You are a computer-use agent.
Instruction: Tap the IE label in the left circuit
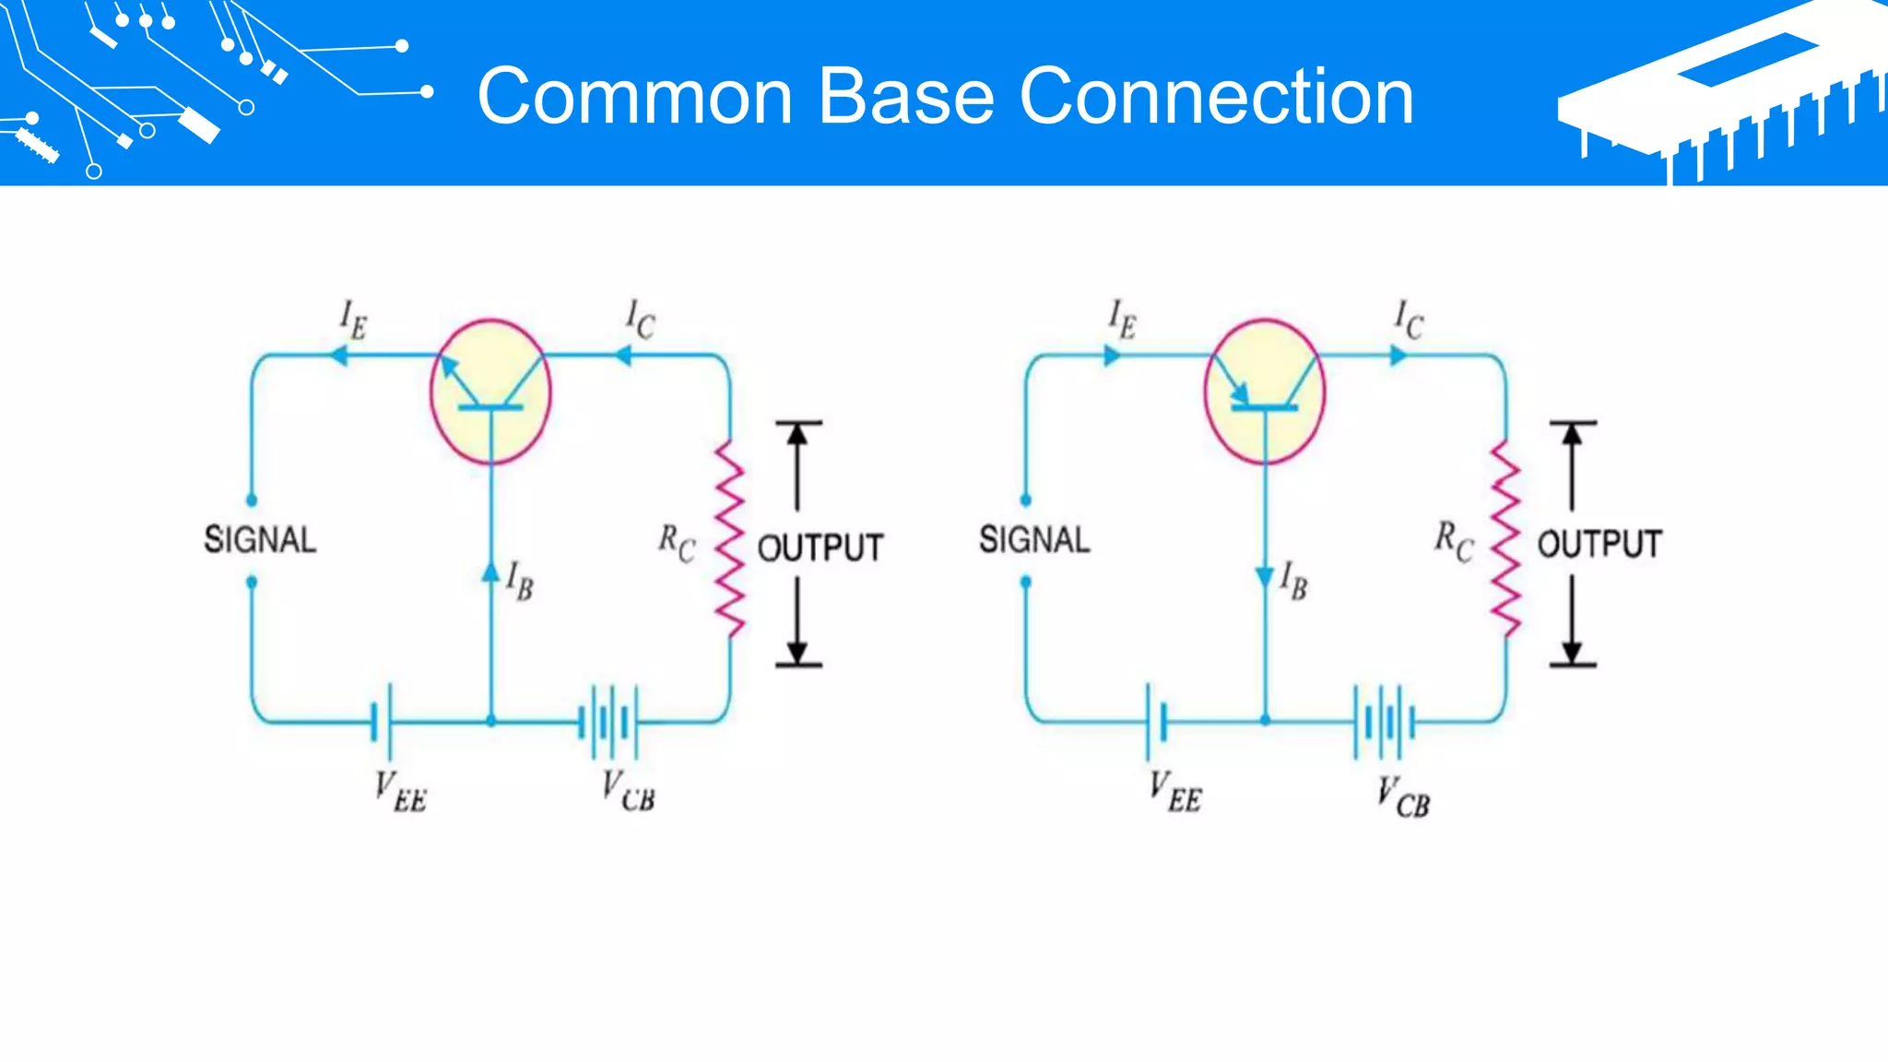pos(353,319)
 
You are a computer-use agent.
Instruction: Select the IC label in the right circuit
pos(1409,319)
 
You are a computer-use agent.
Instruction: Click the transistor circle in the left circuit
pos(490,391)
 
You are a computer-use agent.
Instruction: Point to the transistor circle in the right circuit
pos(1265,391)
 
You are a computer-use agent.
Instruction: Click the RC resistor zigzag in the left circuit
pos(730,538)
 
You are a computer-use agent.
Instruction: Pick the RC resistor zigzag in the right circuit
pos(1505,538)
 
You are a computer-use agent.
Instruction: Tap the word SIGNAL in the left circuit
pos(260,539)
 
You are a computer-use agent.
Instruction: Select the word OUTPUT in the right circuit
pos(1599,544)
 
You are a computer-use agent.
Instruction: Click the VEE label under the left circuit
pos(401,792)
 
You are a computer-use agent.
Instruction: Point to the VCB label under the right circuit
pos(1403,797)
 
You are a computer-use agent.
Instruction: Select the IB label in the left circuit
pos(520,581)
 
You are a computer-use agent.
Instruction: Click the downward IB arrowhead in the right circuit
pos(1265,578)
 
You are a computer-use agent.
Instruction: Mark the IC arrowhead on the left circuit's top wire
pos(623,355)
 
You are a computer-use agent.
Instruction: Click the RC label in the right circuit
pos(1454,540)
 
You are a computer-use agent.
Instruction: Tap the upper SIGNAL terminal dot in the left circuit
pos(252,500)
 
